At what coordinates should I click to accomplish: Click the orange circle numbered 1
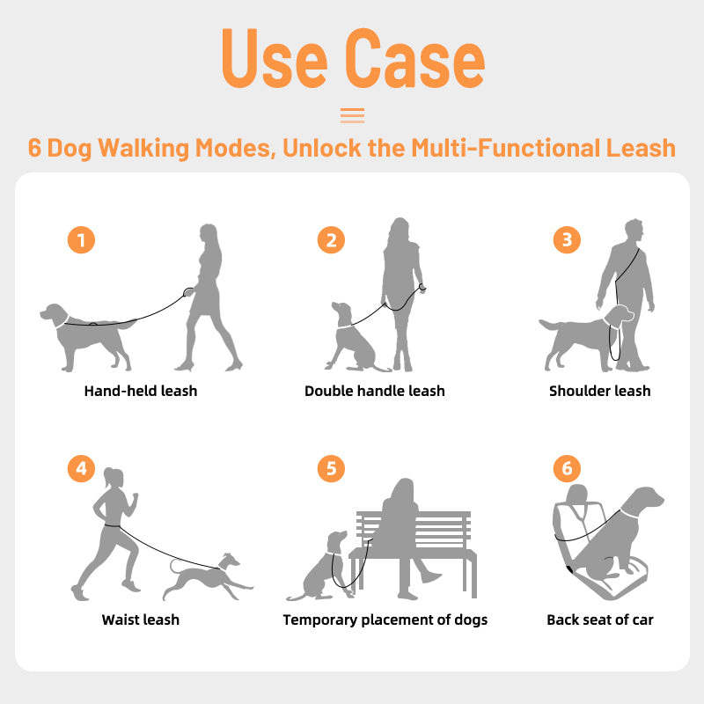(x=81, y=239)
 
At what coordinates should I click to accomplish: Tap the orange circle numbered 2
(x=331, y=239)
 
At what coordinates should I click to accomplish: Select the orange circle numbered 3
(x=567, y=239)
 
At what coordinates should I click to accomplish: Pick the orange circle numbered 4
(x=81, y=468)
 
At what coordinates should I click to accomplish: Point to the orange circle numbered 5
(x=331, y=468)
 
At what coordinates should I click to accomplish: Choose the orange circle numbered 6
(x=567, y=468)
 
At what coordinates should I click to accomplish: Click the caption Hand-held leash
(x=141, y=391)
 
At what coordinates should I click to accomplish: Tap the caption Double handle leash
(x=375, y=391)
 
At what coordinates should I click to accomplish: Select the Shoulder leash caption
(x=600, y=391)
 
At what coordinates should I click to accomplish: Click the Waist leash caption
(x=141, y=620)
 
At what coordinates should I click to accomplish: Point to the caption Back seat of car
(x=600, y=620)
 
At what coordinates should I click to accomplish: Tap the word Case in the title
(x=415, y=58)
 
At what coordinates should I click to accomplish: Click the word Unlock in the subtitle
(x=321, y=148)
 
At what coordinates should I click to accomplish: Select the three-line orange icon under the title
(x=353, y=115)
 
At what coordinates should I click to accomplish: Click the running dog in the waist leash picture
(x=208, y=577)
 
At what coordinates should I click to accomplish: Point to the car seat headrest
(x=577, y=494)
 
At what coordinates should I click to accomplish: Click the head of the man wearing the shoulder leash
(x=634, y=231)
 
